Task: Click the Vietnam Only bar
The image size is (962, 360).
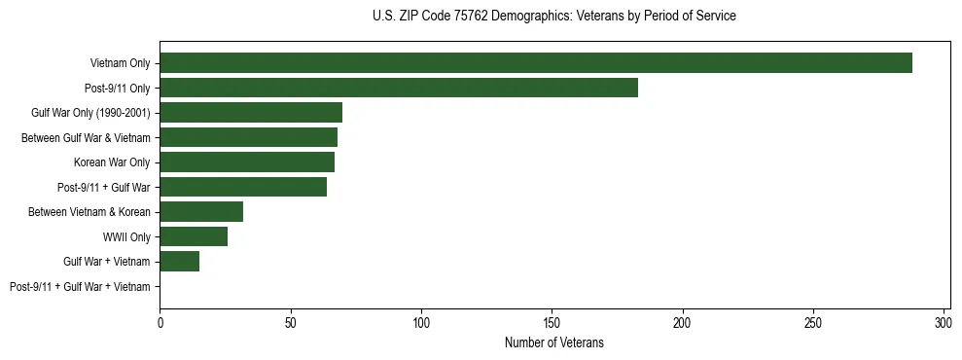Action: pos(536,63)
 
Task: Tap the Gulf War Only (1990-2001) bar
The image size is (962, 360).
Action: pos(251,113)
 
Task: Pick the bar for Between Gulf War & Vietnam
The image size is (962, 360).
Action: pos(248,137)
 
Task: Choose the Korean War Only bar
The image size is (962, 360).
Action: pos(247,162)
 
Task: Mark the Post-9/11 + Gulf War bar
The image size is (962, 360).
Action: pos(243,187)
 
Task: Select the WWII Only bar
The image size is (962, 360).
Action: pos(194,236)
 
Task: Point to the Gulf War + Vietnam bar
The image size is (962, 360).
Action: pos(180,261)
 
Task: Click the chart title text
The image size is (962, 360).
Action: pos(554,16)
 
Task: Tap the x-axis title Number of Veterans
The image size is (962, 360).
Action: pos(554,342)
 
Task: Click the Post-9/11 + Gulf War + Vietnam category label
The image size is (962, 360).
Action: pos(80,286)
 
